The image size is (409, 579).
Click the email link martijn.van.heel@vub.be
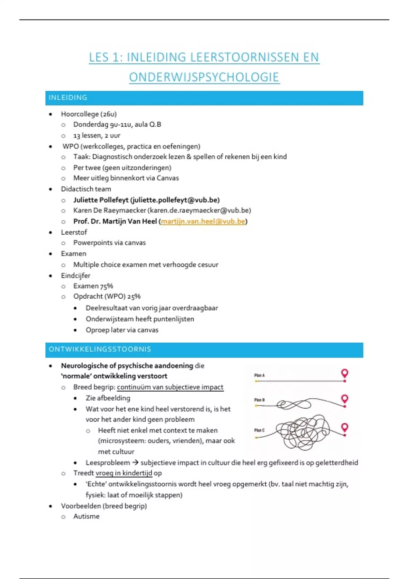[x=203, y=221]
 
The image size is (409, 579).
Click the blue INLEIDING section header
[x=204, y=98]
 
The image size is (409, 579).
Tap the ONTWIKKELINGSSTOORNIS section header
[x=204, y=349]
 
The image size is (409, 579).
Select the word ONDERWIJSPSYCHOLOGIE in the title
[x=204, y=77]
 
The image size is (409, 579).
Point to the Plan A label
[x=259, y=375]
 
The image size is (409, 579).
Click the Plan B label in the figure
[x=259, y=400]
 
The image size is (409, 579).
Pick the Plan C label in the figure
[x=259, y=430]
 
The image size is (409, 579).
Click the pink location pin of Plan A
[x=345, y=373]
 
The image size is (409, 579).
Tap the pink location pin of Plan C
[x=345, y=427]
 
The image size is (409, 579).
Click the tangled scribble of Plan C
[x=303, y=432]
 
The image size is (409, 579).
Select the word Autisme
[x=87, y=516]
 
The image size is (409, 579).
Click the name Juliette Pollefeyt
[x=101, y=200]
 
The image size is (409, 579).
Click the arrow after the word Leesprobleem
[x=135, y=463]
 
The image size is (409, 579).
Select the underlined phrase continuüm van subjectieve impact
[x=170, y=387]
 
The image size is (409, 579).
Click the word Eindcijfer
[x=76, y=276]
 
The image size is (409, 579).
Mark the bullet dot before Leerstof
[x=50, y=233]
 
